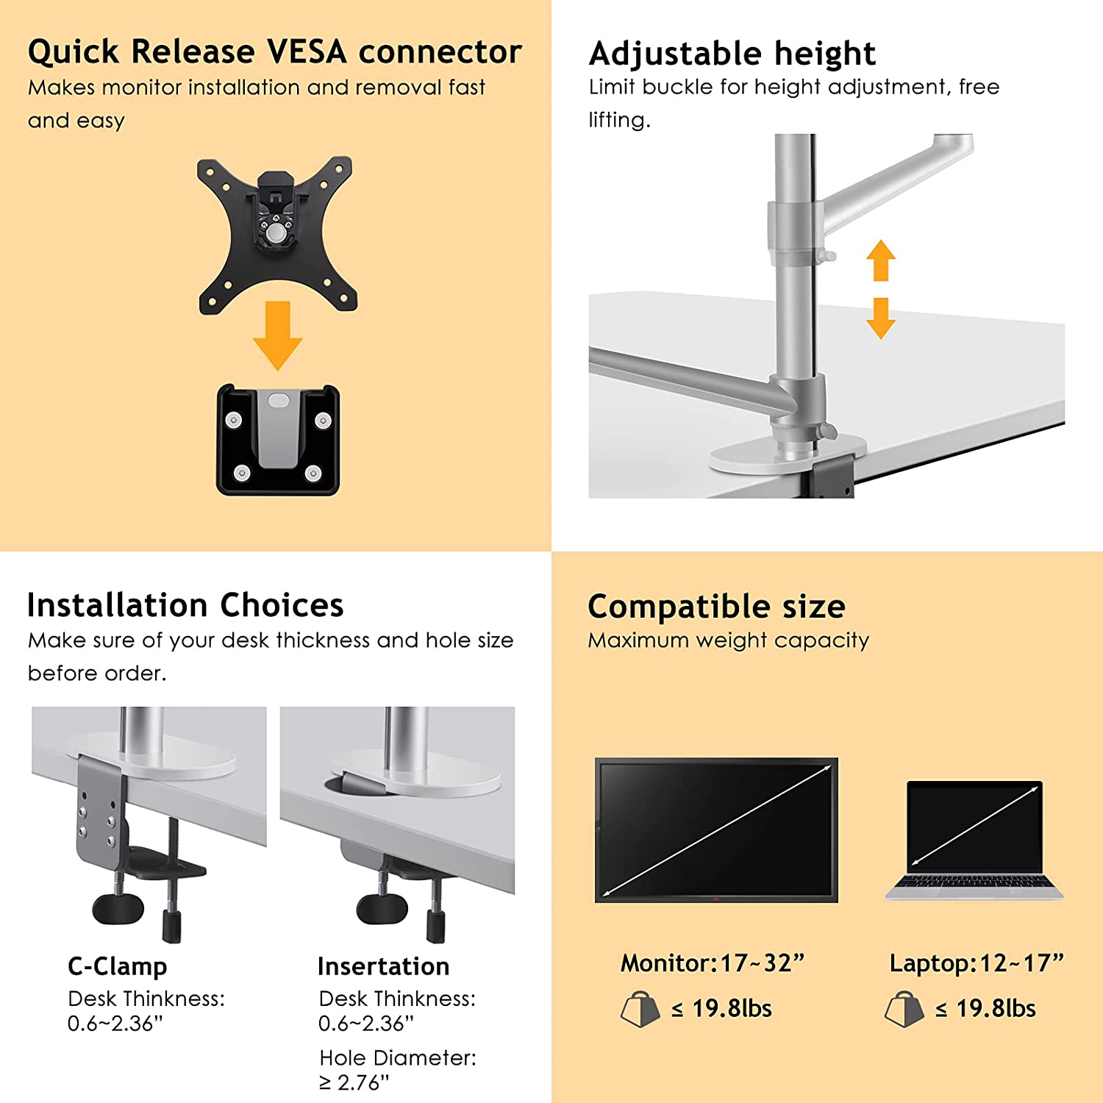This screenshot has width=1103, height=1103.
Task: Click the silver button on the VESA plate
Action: tap(276, 233)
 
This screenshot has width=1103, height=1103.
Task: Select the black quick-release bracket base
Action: tap(278, 440)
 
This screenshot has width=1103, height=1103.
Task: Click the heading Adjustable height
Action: tap(732, 54)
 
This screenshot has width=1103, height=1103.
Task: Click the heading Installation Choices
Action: tap(185, 605)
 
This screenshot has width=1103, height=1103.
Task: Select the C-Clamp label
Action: tap(118, 965)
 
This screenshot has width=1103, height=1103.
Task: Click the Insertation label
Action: tap(383, 965)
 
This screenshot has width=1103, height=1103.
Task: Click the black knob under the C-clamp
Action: tap(118, 908)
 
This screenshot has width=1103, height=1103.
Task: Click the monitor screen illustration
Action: tap(716, 829)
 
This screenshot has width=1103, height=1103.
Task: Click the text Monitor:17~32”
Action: tap(713, 963)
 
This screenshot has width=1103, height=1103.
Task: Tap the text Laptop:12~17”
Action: tap(977, 963)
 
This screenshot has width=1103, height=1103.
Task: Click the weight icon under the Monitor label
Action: tap(640, 1009)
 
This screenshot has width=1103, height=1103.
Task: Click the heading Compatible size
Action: tap(716, 607)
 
